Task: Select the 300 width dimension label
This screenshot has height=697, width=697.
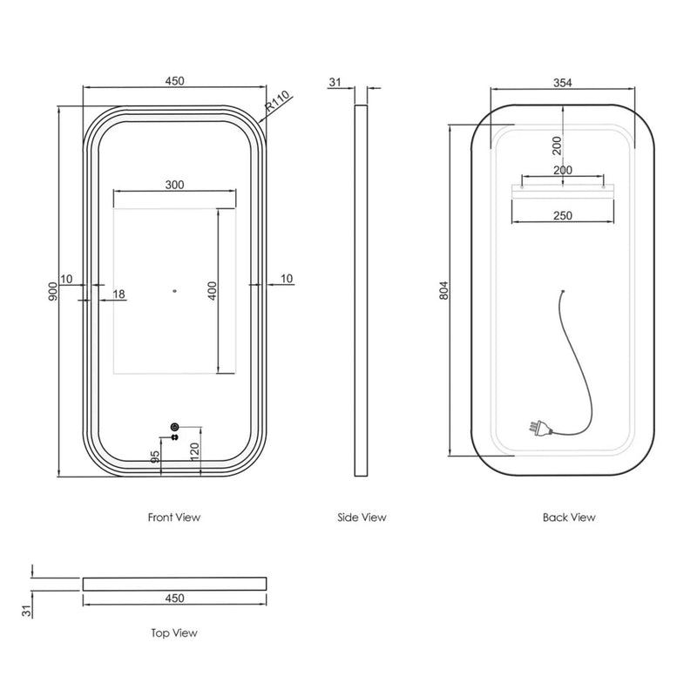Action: tap(174, 185)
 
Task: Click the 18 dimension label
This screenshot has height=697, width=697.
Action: tap(118, 294)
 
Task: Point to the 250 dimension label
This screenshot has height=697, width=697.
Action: tap(562, 215)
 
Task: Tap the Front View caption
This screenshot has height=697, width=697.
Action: tap(174, 518)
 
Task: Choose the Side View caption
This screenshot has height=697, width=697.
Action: tap(362, 518)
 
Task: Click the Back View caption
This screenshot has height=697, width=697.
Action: tap(569, 518)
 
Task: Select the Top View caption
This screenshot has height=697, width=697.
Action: tap(174, 633)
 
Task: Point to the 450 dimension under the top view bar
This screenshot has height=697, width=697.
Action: tap(174, 599)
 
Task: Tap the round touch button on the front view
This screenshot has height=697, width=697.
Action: tap(174, 426)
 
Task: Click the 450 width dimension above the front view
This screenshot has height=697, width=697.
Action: tap(174, 81)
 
